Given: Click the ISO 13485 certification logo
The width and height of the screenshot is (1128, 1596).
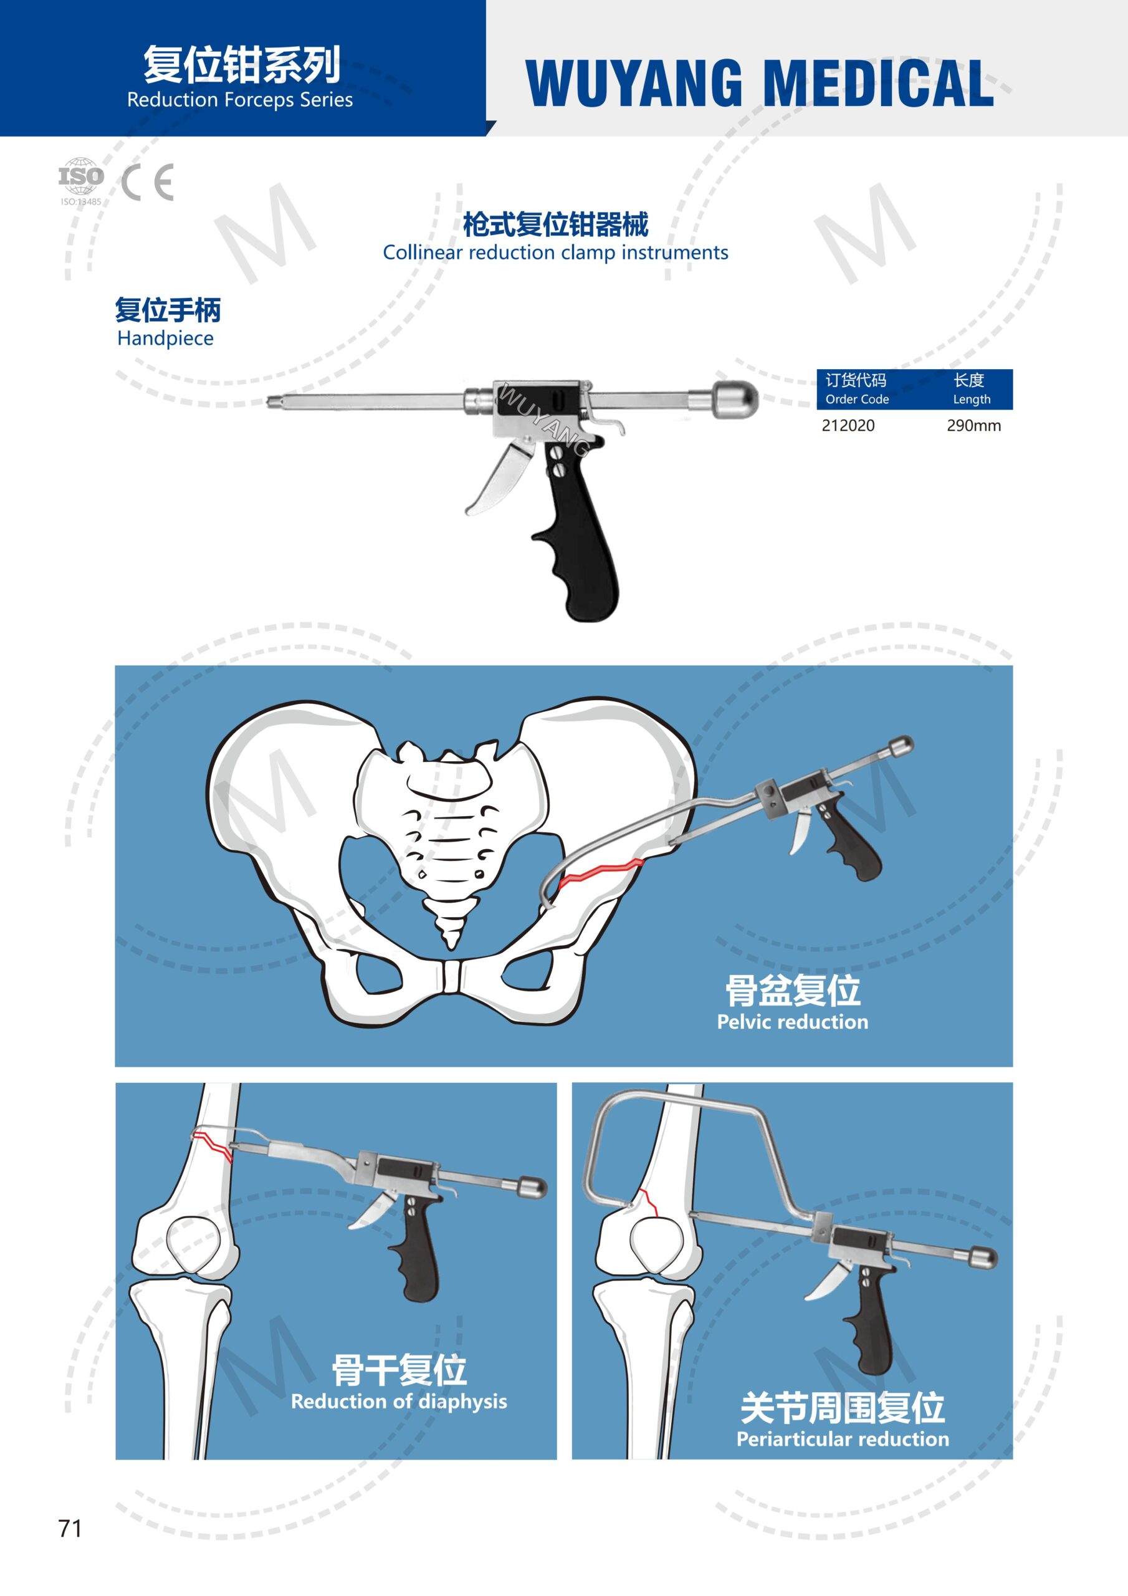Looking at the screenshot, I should [80, 180].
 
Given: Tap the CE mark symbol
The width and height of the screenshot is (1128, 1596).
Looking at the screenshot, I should [147, 183].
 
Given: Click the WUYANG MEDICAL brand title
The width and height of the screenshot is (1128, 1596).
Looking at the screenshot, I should [760, 84].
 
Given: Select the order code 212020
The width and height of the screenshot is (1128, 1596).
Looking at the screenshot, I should [848, 425].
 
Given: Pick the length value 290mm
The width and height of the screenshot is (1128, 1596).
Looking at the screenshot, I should [973, 425].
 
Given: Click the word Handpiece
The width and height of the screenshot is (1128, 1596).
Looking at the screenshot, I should [165, 339].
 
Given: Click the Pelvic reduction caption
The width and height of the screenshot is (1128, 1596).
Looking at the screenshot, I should [792, 1022].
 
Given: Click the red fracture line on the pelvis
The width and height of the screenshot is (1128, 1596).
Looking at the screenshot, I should [601, 871].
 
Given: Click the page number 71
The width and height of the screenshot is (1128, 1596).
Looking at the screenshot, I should [70, 1529].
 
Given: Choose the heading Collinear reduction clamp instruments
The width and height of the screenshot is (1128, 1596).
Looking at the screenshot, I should [555, 252].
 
